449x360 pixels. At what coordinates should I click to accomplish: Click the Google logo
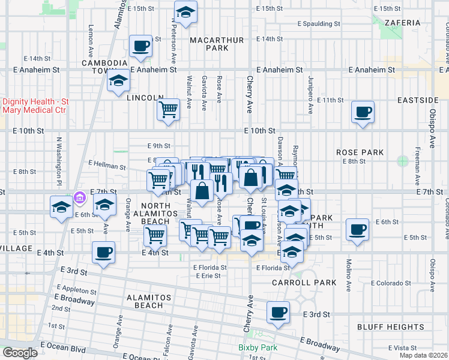click(x=20, y=353)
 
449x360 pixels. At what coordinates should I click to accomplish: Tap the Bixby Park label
click(x=258, y=347)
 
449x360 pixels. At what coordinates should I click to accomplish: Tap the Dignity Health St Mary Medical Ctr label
click(x=35, y=106)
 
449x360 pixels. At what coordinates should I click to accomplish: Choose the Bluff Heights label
click(x=391, y=327)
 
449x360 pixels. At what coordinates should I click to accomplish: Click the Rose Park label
click(x=360, y=152)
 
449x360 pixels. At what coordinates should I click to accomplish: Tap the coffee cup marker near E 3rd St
click(x=279, y=312)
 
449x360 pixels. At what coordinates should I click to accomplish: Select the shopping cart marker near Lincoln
click(x=169, y=110)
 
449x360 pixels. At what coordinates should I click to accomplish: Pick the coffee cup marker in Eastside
click(x=363, y=112)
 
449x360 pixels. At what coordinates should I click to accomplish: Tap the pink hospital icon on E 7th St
click(x=79, y=197)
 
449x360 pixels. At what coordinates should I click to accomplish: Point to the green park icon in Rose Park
click(x=402, y=161)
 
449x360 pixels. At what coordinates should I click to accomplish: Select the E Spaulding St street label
click(x=319, y=24)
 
